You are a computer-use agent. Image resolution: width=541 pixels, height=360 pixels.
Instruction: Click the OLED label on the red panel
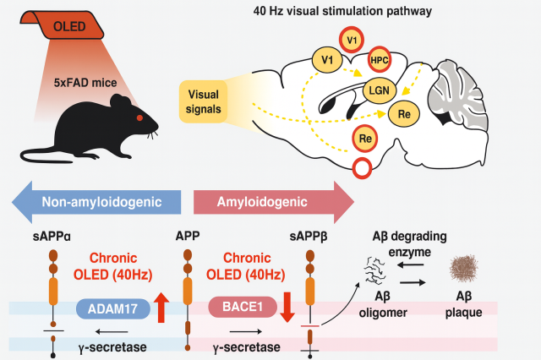72,28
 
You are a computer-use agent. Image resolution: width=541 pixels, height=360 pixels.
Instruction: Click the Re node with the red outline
366,136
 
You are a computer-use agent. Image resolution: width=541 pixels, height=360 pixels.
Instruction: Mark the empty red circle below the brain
363,167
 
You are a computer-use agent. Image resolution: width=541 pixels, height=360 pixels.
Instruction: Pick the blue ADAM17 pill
112,308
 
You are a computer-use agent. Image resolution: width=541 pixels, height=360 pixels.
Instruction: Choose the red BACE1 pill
240,308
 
